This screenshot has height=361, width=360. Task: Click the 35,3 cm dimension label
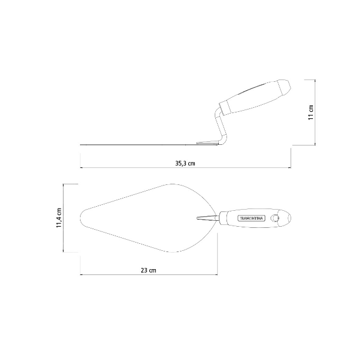point(185,164)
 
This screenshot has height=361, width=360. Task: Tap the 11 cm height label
point(311,112)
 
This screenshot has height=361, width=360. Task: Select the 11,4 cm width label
point(59,218)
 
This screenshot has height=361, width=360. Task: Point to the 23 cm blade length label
point(148,270)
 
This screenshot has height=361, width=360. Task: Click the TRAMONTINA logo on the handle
point(251,218)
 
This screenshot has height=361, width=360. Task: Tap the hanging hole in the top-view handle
point(274,218)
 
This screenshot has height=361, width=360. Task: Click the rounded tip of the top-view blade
point(81,218)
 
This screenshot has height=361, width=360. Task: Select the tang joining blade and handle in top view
point(207,218)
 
